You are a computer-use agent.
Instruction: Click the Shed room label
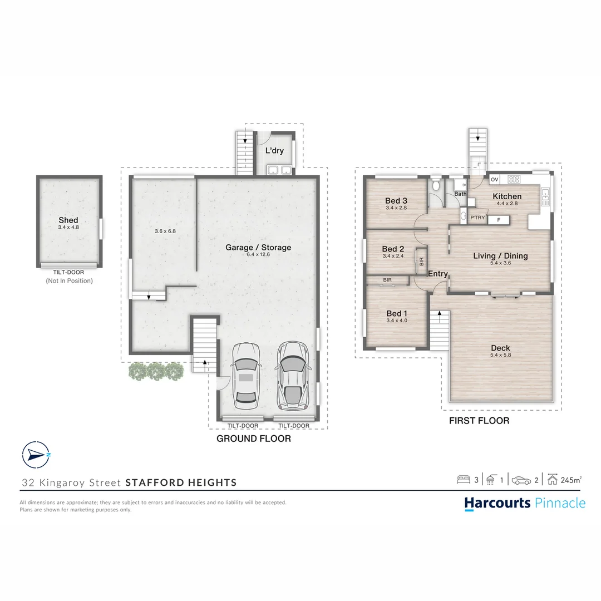point(68,220)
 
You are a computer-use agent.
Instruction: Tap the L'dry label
point(274,150)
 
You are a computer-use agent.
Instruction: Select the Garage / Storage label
point(258,247)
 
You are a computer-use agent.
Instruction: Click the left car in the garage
point(246,376)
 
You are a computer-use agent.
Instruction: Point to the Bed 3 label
point(396,200)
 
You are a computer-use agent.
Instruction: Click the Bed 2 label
point(393,249)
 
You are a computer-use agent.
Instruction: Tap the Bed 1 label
point(397,313)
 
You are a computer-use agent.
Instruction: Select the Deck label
point(500,348)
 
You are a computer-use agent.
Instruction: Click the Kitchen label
point(507,196)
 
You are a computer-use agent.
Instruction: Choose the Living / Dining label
point(500,255)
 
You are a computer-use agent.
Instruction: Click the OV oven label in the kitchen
point(495,179)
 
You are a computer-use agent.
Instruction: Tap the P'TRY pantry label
point(477,218)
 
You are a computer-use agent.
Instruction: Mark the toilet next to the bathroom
point(435,185)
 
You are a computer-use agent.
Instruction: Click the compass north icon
point(36,455)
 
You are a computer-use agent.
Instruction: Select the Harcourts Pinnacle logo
point(525,503)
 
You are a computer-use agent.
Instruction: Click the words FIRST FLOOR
point(479,421)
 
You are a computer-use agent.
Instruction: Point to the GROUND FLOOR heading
point(254,439)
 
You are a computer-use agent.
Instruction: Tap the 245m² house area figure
point(571,480)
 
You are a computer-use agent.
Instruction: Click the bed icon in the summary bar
point(464,480)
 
